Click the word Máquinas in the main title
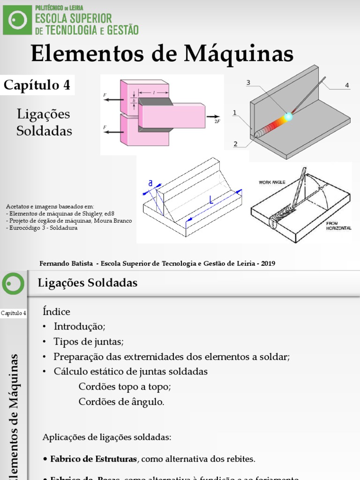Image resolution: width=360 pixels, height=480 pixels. point(239,54)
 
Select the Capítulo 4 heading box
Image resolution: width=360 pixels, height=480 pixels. point(37,85)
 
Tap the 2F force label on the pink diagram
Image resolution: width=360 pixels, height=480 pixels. point(217,121)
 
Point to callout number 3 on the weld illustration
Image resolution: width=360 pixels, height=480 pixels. point(248,83)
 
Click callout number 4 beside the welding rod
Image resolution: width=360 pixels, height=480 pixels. point(347,85)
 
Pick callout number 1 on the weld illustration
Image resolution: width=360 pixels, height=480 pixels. point(234,112)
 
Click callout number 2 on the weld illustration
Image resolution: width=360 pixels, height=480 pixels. point(235,144)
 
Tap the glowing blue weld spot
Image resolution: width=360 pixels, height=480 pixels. point(288,116)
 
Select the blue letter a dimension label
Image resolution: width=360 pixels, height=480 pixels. point(150,184)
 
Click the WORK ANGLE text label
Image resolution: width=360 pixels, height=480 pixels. point(272,182)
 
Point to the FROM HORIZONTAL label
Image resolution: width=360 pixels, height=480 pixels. point(338,226)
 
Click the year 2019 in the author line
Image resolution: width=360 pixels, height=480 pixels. point(268,263)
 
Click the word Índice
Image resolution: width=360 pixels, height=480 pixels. point(56,312)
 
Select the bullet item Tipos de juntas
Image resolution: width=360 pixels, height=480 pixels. point(89,341)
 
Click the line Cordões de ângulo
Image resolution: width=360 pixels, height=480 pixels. point(121,402)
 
